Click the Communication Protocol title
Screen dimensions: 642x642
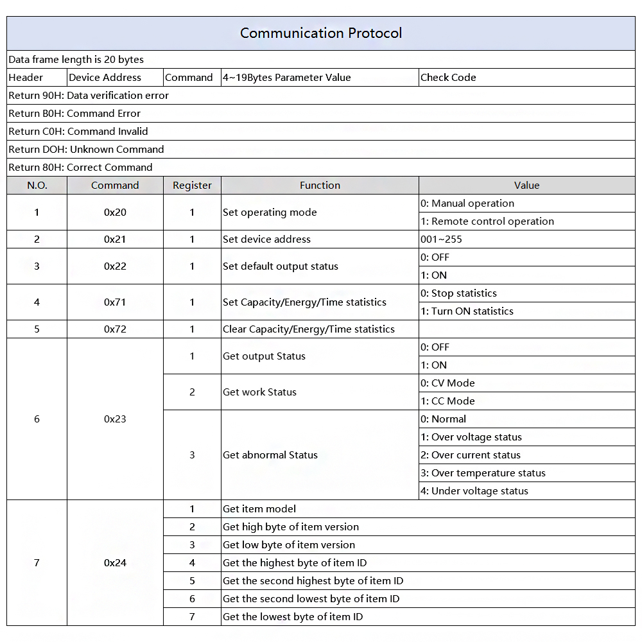click(x=321, y=33)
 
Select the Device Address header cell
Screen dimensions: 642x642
click(x=105, y=78)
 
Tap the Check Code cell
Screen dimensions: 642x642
click(x=448, y=78)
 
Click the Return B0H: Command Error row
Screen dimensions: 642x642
click(x=74, y=114)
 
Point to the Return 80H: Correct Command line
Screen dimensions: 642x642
click(x=80, y=168)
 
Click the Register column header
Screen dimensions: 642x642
click(x=192, y=186)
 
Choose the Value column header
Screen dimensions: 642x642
click(x=526, y=186)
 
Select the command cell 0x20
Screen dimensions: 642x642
click(x=115, y=213)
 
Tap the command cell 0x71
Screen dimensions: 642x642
click(x=115, y=302)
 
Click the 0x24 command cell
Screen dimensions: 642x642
click(x=115, y=563)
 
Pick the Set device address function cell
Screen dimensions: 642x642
click(x=266, y=239)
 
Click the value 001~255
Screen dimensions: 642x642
click(x=441, y=239)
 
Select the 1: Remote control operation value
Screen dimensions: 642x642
click(x=487, y=221)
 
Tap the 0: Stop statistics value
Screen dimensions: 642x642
click(x=458, y=293)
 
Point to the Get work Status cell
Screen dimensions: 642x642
click(x=259, y=392)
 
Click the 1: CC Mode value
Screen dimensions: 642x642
click(x=447, y=401)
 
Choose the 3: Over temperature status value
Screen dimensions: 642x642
click(x=483, y=473)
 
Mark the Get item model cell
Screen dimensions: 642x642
click(x=259, y=509)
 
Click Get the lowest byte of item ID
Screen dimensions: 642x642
click(x=293, y=617)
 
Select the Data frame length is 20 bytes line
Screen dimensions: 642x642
click(x=76, y=60)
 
